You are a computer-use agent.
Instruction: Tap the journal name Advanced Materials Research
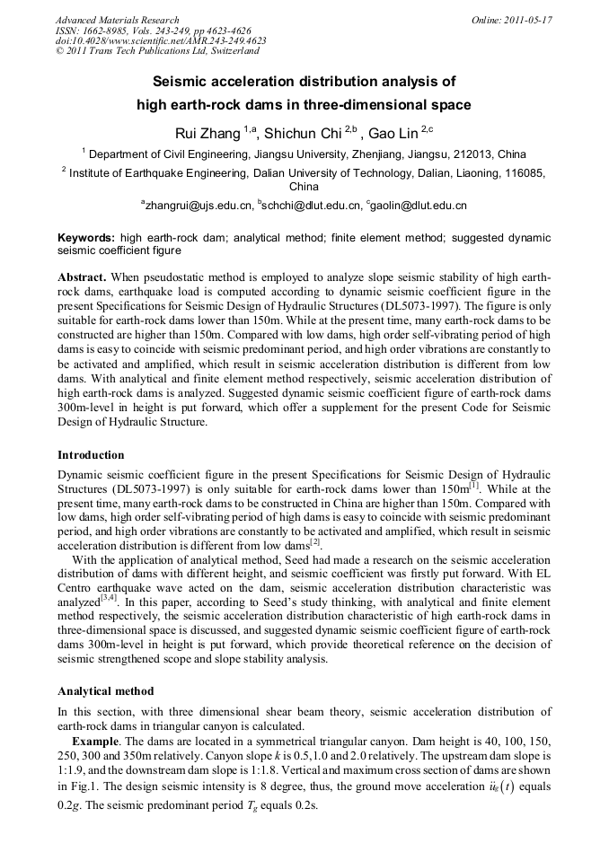point(117,20)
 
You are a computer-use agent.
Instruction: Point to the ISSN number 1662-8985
point(98,31)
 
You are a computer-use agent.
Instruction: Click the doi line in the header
point(161,41)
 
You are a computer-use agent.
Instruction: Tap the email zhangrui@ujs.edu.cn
point(199,206)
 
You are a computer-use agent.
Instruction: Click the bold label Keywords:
point(86,238)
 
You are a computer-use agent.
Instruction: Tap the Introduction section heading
point(91,455)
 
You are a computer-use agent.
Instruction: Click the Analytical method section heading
point(105,691)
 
